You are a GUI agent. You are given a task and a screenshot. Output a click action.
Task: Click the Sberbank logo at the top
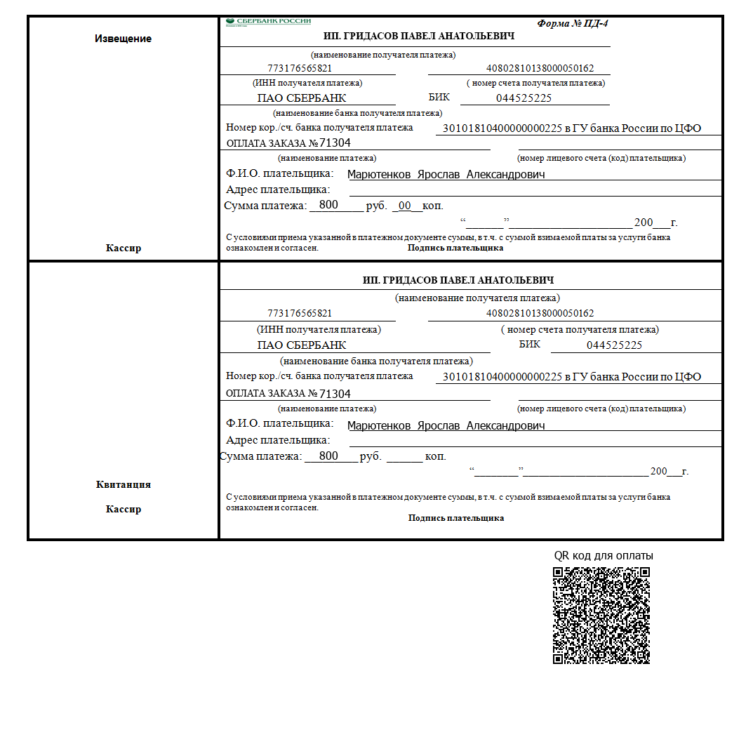coord(268,22)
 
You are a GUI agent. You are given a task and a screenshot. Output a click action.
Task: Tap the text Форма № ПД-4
coord(573,23)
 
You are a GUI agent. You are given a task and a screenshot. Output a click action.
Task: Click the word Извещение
coord(123,39)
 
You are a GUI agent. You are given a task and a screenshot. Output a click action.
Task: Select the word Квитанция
coord(123,484)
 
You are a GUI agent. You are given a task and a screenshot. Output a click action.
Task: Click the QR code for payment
coord(601,616)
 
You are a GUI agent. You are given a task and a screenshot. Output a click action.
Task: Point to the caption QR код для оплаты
coord(604,555)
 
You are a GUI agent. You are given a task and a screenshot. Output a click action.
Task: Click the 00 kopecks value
coord(404,206)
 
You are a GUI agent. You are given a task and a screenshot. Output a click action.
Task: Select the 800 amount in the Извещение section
coord(328,205)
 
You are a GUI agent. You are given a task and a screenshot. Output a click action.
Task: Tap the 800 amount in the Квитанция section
coord(328,456)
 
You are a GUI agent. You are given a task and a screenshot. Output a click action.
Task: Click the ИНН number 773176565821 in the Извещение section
coord(300,69)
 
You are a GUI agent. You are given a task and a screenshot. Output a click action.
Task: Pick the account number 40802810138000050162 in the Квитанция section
coord(540,313)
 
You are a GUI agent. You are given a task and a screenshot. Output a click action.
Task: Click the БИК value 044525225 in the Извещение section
coord(524,98)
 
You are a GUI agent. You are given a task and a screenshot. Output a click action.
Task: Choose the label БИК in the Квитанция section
coord(530,344)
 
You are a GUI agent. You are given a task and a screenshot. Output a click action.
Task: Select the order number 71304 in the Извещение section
coord(335,143)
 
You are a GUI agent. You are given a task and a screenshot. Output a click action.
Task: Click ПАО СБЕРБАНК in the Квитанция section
coord(302,345)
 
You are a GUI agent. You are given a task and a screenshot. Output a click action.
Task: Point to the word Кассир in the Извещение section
coord(123,248)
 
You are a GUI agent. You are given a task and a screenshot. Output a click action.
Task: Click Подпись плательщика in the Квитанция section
coord(456,518)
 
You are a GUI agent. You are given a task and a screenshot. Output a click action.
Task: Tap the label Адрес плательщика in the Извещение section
coord(278,190)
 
